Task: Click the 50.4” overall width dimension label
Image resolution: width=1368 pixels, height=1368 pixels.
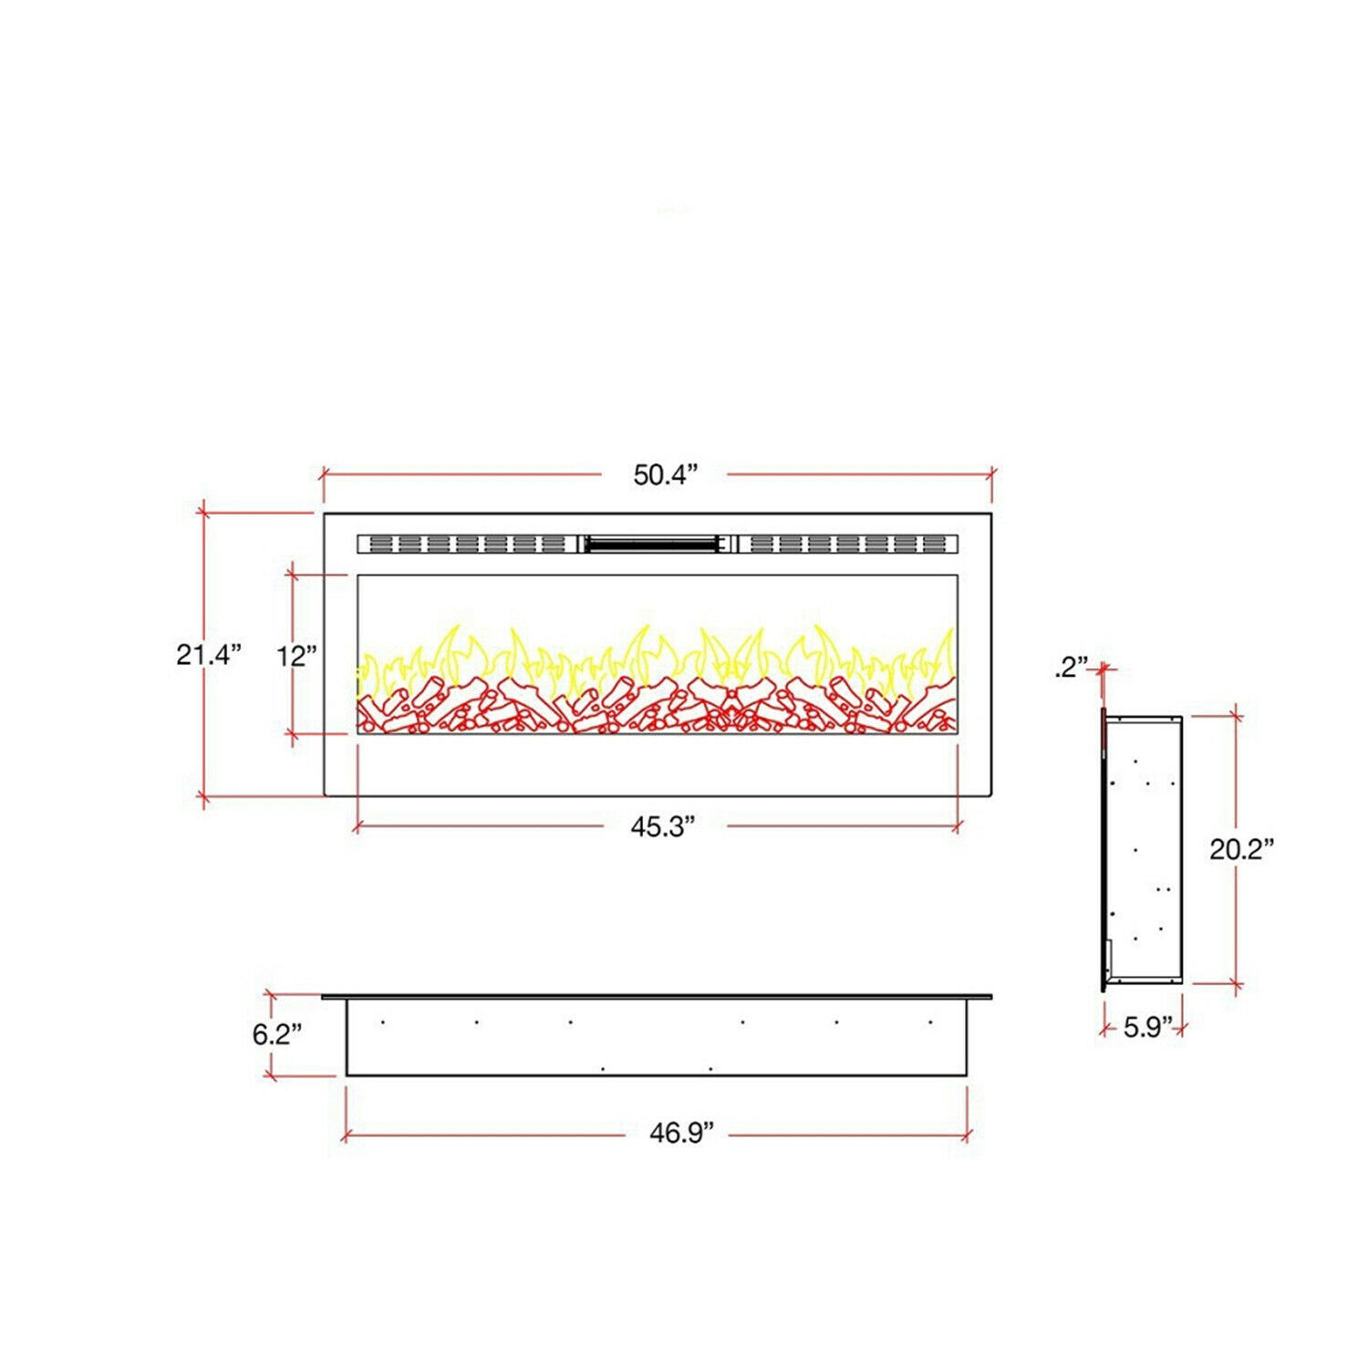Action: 665,475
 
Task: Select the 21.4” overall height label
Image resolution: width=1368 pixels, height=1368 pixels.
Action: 209,654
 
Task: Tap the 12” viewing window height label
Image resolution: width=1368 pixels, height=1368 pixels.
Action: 296,656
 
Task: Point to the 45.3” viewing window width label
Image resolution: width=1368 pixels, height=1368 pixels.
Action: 663,827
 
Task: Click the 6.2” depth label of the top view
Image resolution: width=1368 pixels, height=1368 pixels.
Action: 276,1034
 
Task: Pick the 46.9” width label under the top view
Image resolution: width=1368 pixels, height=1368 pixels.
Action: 681,1133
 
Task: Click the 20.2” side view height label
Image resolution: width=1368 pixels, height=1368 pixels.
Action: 1241,849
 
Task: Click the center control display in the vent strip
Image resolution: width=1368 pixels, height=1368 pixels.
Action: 651,544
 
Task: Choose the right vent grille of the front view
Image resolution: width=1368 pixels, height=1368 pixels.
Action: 846,544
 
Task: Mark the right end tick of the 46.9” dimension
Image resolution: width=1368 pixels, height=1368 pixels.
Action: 967,1135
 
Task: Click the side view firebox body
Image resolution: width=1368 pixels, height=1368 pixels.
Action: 1145,848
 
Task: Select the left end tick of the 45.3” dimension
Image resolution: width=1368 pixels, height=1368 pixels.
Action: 357,827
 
